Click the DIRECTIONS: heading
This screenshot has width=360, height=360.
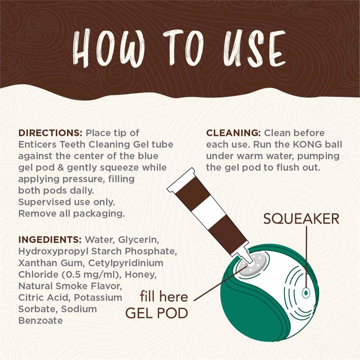pyautogui.click(x=50, y=133)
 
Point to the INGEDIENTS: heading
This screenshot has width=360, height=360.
pyautogui.click(x=50, y=240)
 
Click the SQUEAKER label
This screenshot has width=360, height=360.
pyautogui.click(x=301, y=219)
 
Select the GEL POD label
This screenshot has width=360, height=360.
pyautogui.click(x=157, y=313)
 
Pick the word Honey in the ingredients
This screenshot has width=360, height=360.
pyautogui.click(x=141, y=275)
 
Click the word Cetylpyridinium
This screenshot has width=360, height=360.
pyautogui.click(x=126, y=263)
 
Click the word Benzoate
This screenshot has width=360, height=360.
pyautogui.click(x=40, y=320)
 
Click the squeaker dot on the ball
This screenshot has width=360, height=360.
pyautogui.click(x=306, y=293)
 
